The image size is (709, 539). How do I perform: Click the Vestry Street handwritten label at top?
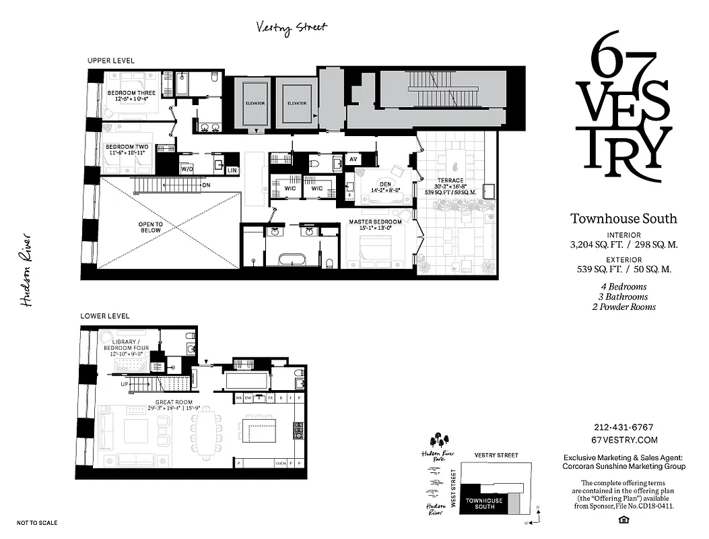tap(292, 27)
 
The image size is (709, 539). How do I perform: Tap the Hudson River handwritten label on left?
tap(27, 270)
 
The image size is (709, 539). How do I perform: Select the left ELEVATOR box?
tap(255, 103)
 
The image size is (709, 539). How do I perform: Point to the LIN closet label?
tap(232, 171)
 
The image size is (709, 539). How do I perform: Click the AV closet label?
tap(353, 160)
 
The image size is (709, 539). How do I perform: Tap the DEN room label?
tap(385, 183)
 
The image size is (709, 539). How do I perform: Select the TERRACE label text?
tap(450, 181)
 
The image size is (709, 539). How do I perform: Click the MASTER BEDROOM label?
tap(375, 222)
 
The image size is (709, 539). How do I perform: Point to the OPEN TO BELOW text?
tap(150, 227)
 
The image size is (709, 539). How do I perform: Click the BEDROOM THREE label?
tap(131, 93)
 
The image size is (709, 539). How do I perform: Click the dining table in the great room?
tap(207, 436)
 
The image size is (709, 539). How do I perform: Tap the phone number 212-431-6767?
tap(623, 427)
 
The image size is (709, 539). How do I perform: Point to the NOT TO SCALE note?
tap(37, 523)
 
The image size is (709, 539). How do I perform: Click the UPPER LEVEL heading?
tap(110, 61)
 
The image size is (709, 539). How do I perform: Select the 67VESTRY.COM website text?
tap(623, 439)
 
